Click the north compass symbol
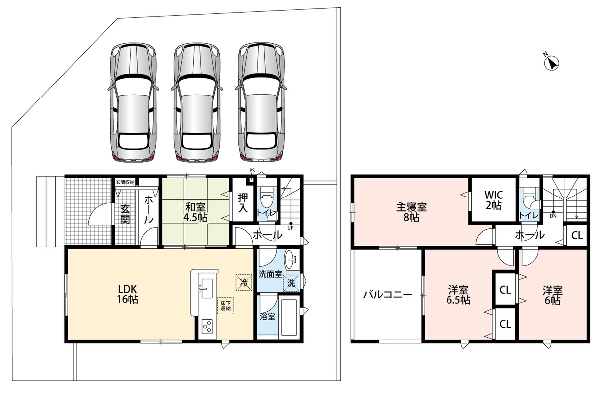click(x=551, y=63)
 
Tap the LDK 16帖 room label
click(x=128, y=294)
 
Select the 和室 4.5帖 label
click(x=195, y=212)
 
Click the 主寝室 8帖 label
click(x=412, y=212)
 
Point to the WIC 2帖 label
click(x=494, y=200)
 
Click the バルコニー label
click(x=388, y=295)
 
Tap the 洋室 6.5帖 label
click(x=458, y=295)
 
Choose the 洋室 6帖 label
click(x=552, y=295)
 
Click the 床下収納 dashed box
click(x=226, y=306)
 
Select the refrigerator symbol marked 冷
click(x=244, y=282)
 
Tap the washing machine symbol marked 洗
click(x=291, y=283)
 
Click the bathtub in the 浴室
click(x=289, y=317)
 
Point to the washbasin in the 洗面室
click(x=291, y=259)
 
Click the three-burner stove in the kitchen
click(x=207, y=327)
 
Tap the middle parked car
click(x=197, y=102)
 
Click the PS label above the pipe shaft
click(x=252, y=170)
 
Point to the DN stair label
click(x=553, y=216)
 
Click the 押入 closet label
click(x=243, y=202)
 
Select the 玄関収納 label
click(x=125, y=182)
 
